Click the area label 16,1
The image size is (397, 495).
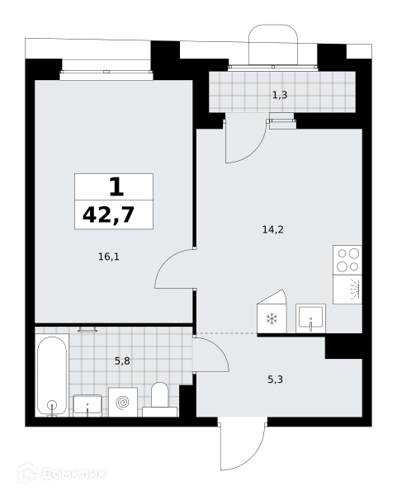click(x=109, y=257)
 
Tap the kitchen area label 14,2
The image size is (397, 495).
click(x=273, y=229)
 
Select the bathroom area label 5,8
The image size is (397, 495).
click(x=122, y=361)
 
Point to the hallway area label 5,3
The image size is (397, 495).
click(x=275, y=379)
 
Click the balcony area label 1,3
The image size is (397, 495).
click(x=280, y=95)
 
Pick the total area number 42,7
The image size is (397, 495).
click(x=109, y=214)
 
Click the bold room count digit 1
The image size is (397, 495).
click(x=116, y=187)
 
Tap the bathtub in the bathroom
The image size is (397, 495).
click(x=52, y=375)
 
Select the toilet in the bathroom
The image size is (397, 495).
click(x=159, y=400)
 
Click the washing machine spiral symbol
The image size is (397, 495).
click(x=122, y=403)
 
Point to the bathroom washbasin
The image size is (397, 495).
click(x=87, y=406)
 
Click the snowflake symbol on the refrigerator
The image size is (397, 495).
click(x=272, y=318)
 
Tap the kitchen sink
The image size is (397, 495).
click(x=311, y=318)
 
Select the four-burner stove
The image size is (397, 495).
click(x=347, y=260)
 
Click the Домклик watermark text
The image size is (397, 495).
click(x=73, y=474)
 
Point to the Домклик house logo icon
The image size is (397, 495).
click(x=28, y=473)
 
